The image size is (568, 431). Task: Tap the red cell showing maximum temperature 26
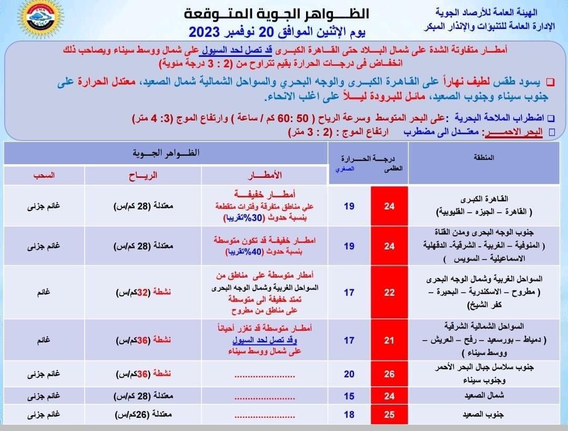[x=389, y=374]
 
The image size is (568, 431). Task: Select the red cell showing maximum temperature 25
[x=389, y=415]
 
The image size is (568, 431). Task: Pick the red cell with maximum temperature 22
[x=389, y=293]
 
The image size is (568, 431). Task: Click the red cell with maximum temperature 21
[x=389, y=340]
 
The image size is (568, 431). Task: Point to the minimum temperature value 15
[x=349, y=397]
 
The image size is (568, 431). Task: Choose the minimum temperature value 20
[x=349, y=374]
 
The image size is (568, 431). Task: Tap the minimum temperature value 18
[x=349, y=415]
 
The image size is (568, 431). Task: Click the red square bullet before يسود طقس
[x=550, y=82]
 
